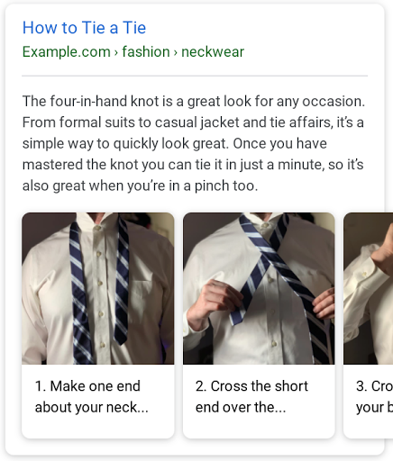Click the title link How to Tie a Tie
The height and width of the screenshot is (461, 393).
tap(84, 28)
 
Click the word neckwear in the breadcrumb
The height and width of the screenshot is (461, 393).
tap(213, 51)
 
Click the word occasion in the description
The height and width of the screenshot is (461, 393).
tap(333, 101)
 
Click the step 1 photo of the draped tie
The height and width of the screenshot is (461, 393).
tap(97, 288)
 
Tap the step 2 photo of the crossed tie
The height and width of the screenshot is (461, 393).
tap(259, 288)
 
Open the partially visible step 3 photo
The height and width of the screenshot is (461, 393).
tap(369, 288)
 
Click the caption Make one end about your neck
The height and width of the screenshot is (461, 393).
tap(92, 397)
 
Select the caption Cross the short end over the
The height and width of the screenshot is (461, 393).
tap(251, 397)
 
